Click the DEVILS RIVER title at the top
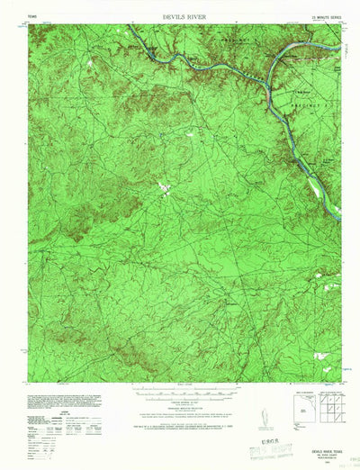[x=180, y=16]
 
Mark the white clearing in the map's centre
[x=166, y=187]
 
